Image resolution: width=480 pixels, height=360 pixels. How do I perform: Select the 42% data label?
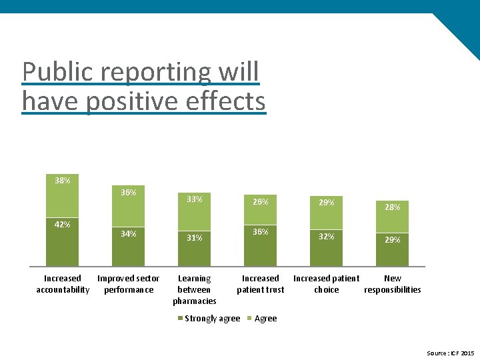(62, 225)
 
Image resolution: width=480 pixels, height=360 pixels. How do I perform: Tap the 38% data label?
(62, 181)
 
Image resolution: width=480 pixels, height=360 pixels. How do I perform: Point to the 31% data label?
(194, 237)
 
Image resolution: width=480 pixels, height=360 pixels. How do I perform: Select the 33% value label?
(194, 199)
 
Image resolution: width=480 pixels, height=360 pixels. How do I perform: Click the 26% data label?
(260, 201)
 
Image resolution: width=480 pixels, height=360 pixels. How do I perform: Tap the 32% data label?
(326, 236)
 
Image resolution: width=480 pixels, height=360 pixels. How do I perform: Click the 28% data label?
(392, 207)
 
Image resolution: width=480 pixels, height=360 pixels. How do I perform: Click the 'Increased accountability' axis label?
(62, 284)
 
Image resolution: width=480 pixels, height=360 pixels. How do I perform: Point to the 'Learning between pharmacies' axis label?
(194, 289)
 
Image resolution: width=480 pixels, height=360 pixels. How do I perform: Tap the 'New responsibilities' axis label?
(392, 284)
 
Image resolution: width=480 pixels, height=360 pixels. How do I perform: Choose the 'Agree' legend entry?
(265, 319)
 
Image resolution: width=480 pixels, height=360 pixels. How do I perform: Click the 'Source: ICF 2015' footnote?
(450, 353)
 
